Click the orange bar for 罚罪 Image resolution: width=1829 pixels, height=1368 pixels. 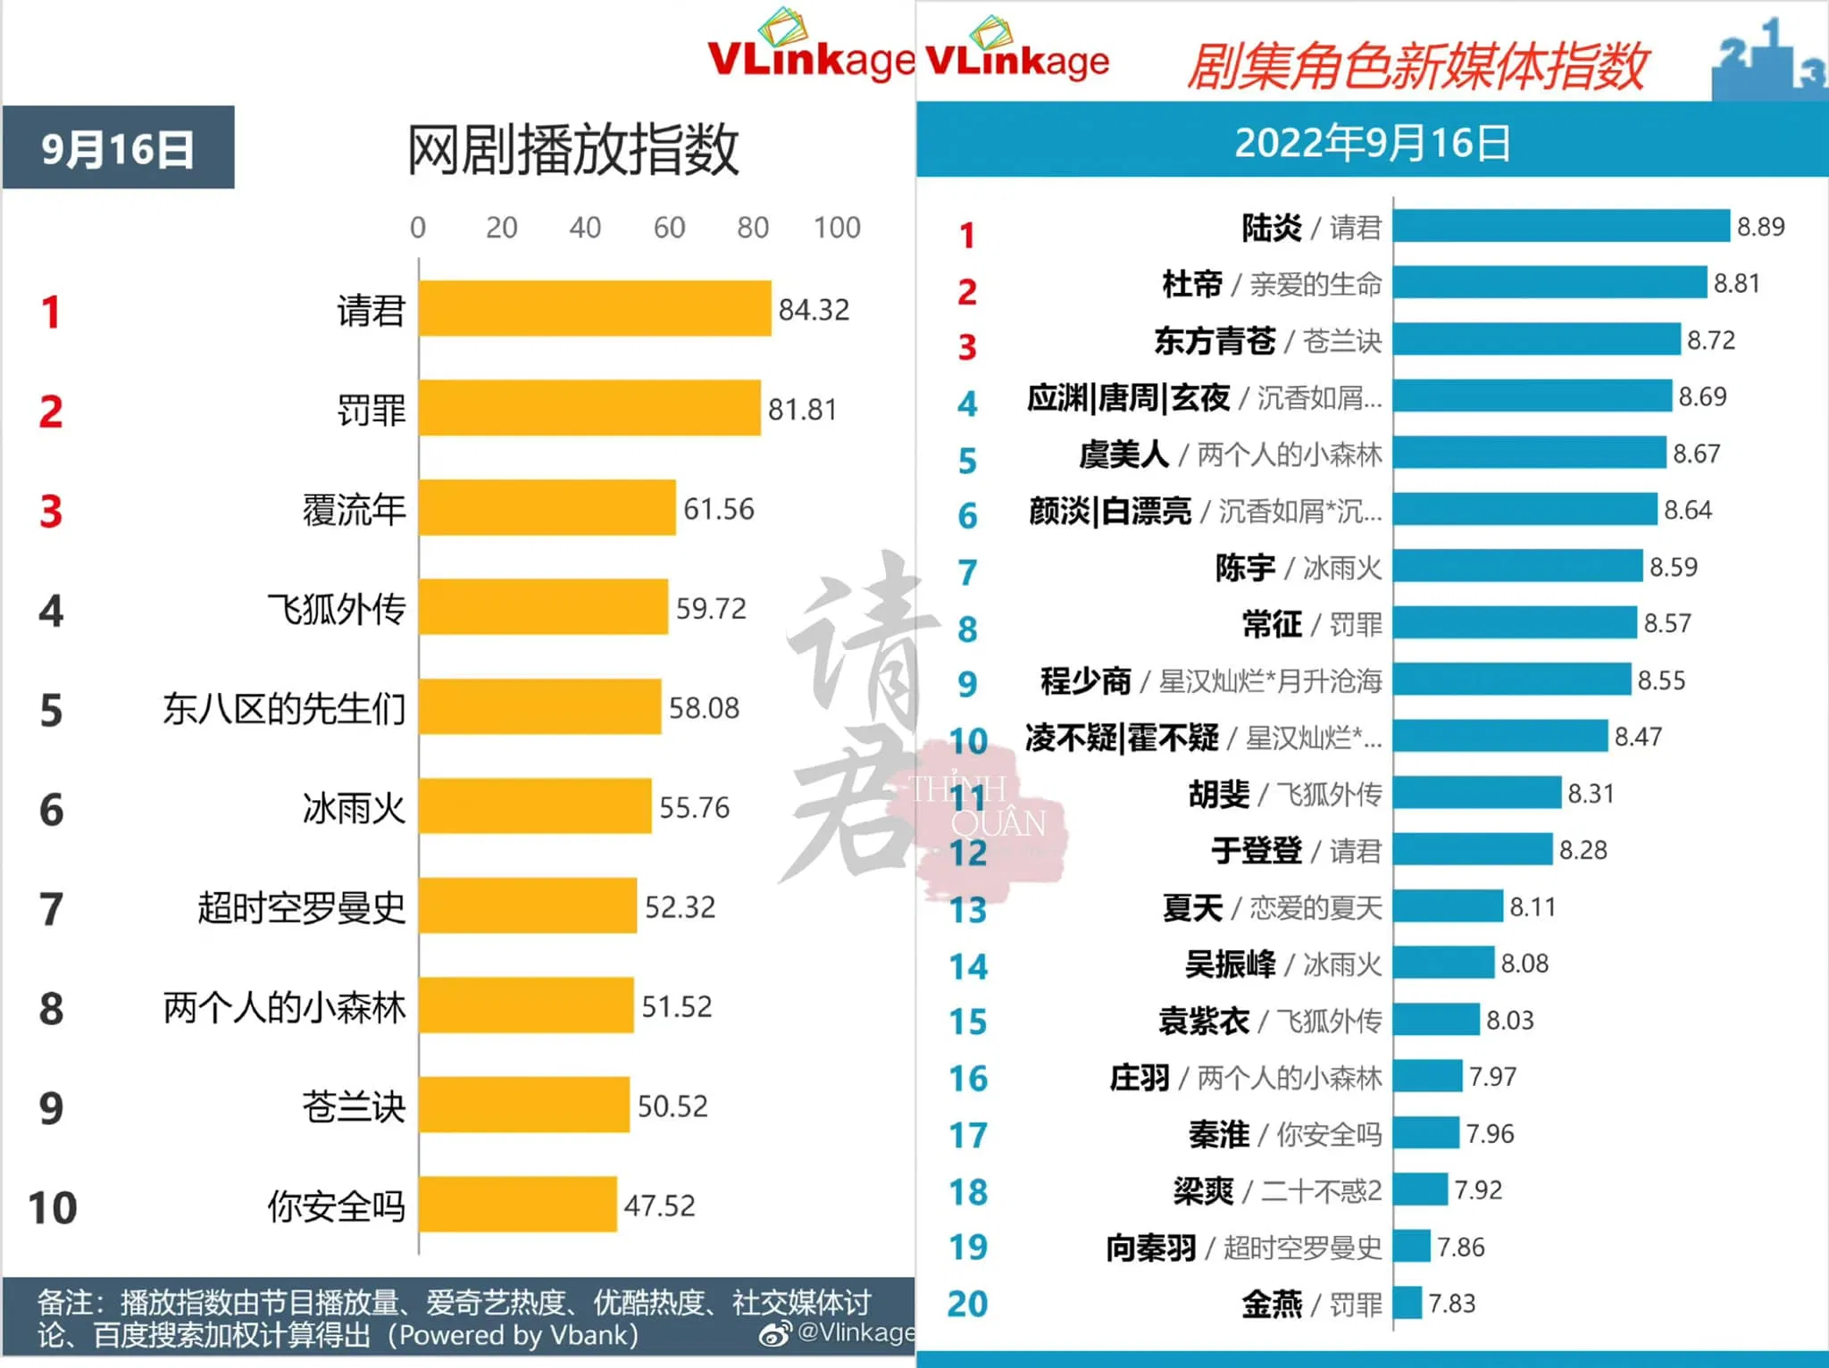589,408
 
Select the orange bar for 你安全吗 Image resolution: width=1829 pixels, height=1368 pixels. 518,1204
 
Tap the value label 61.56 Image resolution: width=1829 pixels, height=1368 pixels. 719,509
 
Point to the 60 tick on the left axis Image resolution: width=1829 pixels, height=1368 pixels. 669,228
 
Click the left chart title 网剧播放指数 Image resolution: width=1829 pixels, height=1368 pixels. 572,149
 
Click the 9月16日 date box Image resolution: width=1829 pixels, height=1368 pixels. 118,147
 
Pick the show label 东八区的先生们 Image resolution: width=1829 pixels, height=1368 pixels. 284,709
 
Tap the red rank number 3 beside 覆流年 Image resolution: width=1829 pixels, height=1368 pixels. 51,512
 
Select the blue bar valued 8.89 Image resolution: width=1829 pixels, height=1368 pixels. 1561,226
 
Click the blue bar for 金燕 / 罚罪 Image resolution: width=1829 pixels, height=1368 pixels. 1407,1303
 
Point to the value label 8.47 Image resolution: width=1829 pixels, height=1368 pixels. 1638,737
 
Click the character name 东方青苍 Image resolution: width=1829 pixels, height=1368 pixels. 1215,340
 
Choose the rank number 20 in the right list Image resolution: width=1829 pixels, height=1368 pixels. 968,1304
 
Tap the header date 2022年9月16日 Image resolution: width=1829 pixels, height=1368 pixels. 1373,143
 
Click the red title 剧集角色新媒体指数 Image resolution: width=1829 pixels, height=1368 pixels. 1416,66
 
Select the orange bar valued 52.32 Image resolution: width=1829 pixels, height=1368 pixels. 528,905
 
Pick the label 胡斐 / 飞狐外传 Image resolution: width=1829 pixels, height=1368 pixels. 1285,794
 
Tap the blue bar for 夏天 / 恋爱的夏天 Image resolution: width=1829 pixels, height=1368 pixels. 1448,906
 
